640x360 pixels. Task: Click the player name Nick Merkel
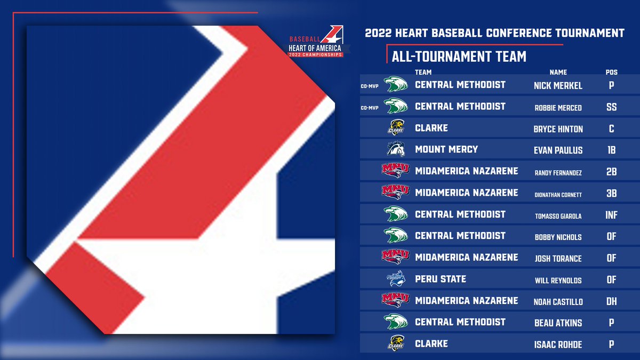[558, 85]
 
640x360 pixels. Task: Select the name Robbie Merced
[558, 107]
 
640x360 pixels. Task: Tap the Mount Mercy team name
[446, 149]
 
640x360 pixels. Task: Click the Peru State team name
[441, 279]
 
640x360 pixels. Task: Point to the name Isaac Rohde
[558, 345]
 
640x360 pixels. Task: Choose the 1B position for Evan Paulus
[611, 150]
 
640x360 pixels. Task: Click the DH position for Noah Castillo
[611, 301]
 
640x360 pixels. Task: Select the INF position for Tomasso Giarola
[611, 215]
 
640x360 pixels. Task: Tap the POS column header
[611, 72]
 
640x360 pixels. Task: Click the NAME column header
[558, 72]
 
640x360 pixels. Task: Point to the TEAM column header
[423, 72]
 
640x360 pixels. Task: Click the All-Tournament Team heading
[459, 57]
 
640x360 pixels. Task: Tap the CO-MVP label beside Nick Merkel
[370, 86]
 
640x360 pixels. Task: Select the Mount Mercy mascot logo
[395, 149]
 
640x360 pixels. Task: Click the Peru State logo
[395, 279]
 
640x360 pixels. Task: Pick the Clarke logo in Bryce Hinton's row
[395, 128]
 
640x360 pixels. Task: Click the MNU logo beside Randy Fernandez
[395, 171]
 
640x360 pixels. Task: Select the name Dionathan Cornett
[558, 194]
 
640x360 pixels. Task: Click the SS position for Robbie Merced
[611, 107]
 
